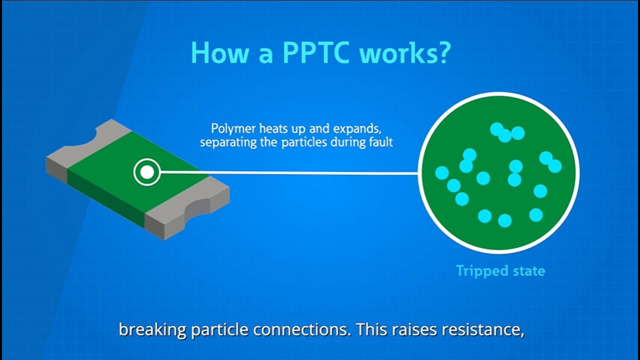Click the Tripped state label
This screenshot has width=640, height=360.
click(500, 271)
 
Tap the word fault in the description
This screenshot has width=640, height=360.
click(380, 142)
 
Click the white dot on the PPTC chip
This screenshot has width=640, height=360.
click(146, 172)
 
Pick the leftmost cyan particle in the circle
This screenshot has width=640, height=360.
click(442, 173)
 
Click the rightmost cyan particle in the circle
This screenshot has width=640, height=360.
click(554, 166)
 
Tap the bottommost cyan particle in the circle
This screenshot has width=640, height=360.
click(504, 220)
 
